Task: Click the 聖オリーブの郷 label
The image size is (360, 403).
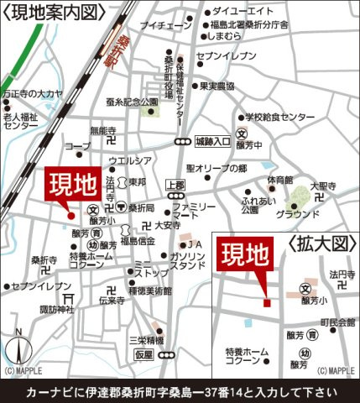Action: (x=217, y=168)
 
